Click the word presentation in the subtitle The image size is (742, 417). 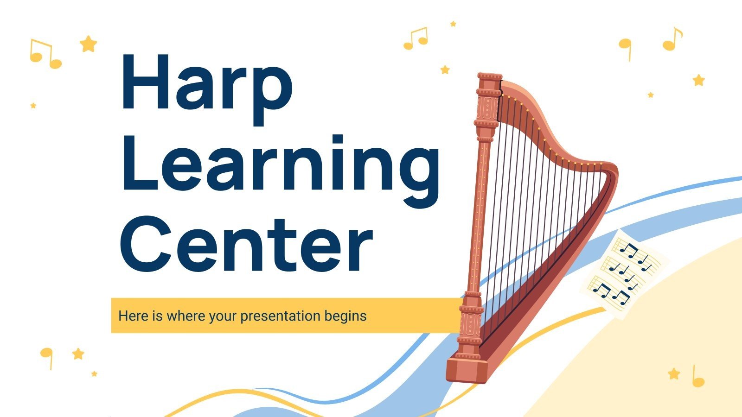tap(280, 316)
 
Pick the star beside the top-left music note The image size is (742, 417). tap(88, 44)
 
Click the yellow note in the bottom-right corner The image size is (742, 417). tap(697, 377)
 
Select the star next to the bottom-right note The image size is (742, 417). tap(674, 373)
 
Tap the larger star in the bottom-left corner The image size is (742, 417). tap(78, 354)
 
